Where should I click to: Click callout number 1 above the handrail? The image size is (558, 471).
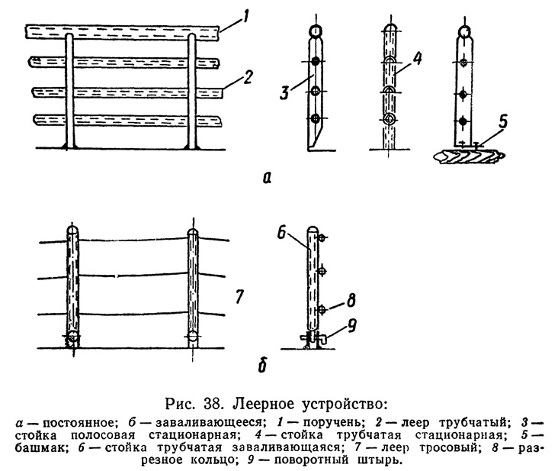click(x=245, y=18)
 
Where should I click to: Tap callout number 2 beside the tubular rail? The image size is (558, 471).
click(x=247, y=77)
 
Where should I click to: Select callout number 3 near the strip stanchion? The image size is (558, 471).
click(x=284, y=92)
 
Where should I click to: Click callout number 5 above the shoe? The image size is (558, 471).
click(x=502, y=121)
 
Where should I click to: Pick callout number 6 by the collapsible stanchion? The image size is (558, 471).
click(x=282, y=234)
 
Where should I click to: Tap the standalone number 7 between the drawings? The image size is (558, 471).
click(x=239, y=296)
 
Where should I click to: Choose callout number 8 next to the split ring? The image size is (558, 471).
click(x=351, y=301)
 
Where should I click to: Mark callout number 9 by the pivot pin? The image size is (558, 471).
click(x=351, y=326)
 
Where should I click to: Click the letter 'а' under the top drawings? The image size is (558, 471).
click(x=267, y=178)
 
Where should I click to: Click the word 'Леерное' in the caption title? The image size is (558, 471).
click(x=264, y=405)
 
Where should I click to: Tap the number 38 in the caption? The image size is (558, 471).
click(x=213, y=405)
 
